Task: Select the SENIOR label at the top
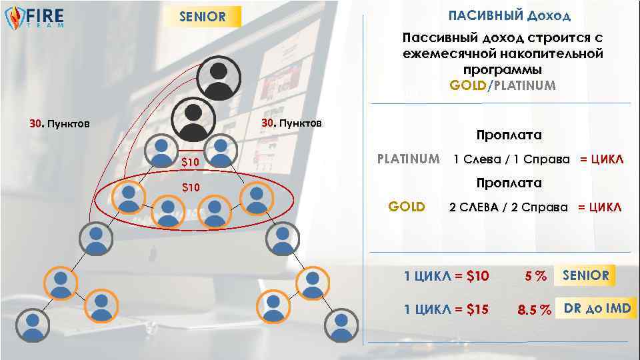[x=203, y=17]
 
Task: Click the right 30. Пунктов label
[x=291, y=123]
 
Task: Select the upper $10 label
[x=191, y=163]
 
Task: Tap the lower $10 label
[x=191, y=187]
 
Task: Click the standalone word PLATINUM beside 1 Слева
[x=408, y=159]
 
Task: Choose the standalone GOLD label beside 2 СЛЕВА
[x=407, y=206]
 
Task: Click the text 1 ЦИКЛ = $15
[x=447, y=309]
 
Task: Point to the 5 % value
[x=535, y=276]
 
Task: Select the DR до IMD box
[x=597, y=308]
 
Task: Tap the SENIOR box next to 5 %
[x=585, y=275]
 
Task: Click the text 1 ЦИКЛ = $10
[x=447, y=276]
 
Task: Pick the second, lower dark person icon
[x=193, y=119]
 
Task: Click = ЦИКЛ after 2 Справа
[x=599, y=207]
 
